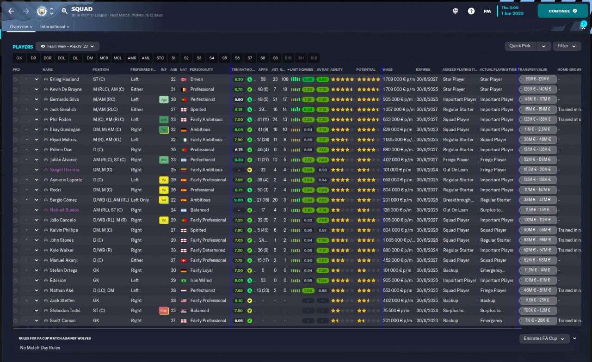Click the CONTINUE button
(562, 11)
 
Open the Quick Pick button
(520, 46)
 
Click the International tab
(55, 27)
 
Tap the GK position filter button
(19, 58)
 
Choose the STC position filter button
(160, 58)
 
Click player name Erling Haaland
(64, 79)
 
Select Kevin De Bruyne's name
(66, 89)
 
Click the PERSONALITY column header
(201, 69)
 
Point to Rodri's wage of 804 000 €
(397, 190)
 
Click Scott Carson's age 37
(173, 320)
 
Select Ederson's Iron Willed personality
(201, 280)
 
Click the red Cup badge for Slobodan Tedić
(163, 310)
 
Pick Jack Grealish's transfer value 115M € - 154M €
(537, 110)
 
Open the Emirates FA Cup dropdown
(544, 338)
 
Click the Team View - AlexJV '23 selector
(68, 46)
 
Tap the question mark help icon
(471, 11)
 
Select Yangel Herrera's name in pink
(64, 170)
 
